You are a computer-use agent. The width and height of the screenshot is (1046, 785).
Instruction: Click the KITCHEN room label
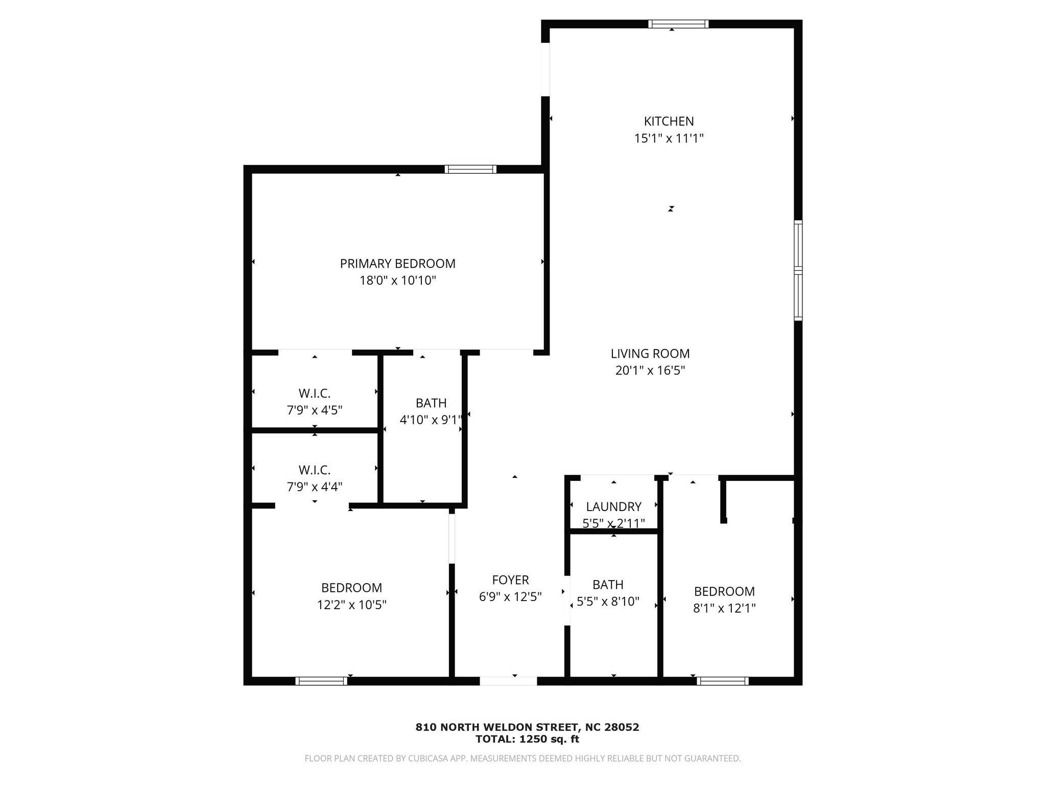tap(669, 122)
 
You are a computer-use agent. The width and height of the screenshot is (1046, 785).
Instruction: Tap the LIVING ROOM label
tap(650, 354)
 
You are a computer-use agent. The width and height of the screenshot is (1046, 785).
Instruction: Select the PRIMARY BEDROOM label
tap(397, 264)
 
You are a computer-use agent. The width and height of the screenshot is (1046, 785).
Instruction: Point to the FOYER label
tap(510, 580)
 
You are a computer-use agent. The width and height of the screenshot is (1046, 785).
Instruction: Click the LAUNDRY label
tap(613, 507)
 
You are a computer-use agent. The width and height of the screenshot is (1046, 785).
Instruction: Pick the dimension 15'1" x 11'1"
tap(669, 138)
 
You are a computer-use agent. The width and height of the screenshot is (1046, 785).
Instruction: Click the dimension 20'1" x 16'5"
tap(650, 371)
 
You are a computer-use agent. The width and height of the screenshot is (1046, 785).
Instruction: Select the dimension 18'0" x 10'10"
tap(398, 281)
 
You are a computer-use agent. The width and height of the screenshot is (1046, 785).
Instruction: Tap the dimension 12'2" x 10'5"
tap(351, 605)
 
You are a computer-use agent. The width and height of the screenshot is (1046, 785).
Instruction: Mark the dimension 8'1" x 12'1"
tap(724, 608)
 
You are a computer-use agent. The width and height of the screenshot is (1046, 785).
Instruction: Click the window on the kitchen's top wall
tap(678, 24)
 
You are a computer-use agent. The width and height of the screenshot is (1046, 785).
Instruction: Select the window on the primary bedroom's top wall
tap(470, 169)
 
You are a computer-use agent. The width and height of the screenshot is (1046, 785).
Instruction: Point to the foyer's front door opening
tap(508, 681)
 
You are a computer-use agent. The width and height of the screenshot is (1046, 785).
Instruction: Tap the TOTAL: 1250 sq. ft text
tap(527, 739)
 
